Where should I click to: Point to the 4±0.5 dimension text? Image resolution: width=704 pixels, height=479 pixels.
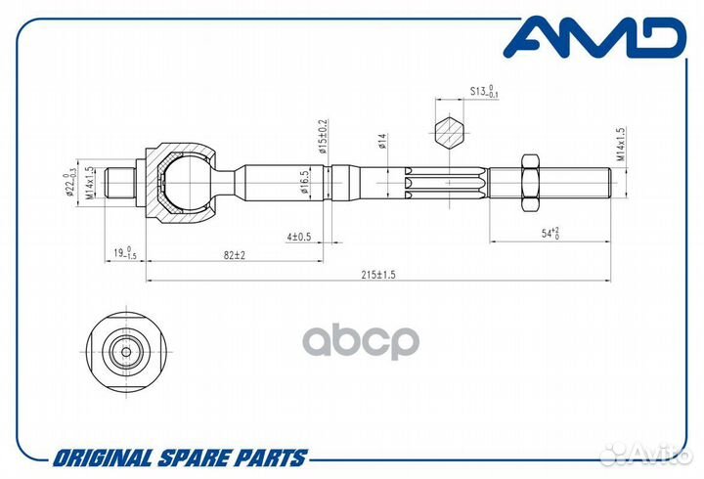300,237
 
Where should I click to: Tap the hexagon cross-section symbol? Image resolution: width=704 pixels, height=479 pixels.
447,133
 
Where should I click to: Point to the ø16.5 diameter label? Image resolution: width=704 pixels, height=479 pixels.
306,183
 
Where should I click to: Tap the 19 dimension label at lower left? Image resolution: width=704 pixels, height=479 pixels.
124,254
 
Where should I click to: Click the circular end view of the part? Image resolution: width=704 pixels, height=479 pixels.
127,350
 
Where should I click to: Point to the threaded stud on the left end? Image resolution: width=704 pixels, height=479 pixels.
120,182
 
